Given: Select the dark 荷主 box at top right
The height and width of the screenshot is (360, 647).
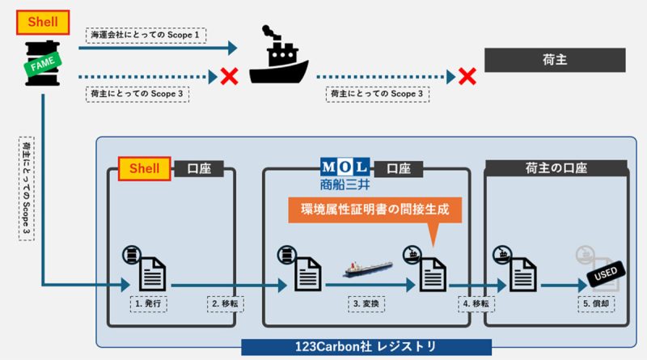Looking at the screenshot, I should click(554, 59).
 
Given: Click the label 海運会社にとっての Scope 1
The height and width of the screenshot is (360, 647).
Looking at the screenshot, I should click(146, 36).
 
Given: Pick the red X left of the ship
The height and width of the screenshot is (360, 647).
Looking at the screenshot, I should click(229, 77).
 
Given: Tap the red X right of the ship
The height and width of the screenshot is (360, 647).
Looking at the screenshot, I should click(467, 77).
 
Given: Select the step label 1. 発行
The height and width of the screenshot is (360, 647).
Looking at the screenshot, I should click(150, 304).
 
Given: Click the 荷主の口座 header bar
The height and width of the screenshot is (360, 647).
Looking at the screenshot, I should click(555, 168).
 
